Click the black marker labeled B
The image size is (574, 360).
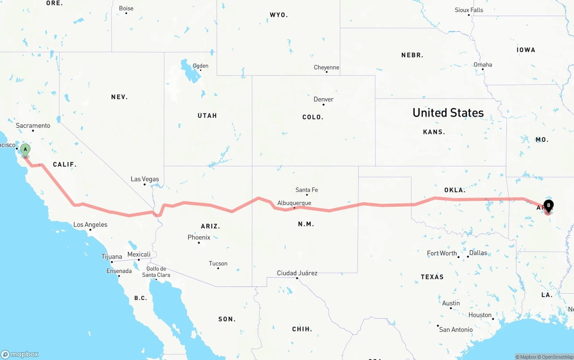click(548, 206)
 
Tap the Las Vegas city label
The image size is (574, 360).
click(144, 179)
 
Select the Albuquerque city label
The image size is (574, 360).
click(294, 203)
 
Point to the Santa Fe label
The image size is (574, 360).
click(307, 190)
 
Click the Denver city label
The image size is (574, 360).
click(323, 100)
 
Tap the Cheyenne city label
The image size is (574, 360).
click(326, 68)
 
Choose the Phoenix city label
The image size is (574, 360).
click(199, 237)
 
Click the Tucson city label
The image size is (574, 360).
click(218, 264)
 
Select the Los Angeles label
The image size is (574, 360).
click(90, 225)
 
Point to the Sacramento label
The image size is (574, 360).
click(33, 126)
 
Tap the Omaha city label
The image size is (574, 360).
click(483, 65)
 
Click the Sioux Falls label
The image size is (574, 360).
click(469, 10)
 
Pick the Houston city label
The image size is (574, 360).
click(480, 315)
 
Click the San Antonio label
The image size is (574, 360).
click(456, 330)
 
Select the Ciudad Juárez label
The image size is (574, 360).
click(297, 273)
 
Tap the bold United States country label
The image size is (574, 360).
click(448, 113)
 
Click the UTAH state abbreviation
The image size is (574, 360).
click(207, 116)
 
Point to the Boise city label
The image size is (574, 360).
click(126, 9)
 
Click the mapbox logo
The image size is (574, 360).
click(20, 354)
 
